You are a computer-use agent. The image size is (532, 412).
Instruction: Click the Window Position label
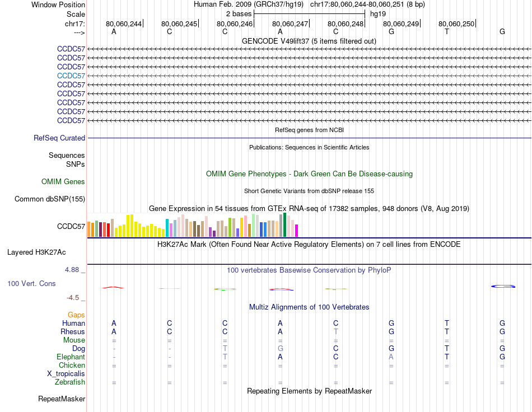tap(58, 4)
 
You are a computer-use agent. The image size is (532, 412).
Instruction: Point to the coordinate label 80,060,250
tap(456, 24)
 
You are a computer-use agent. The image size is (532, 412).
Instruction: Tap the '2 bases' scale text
tap(239, 13)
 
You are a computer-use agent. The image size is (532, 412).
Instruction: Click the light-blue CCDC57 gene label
tap(71, 76)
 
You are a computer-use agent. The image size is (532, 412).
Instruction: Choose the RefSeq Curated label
tap(59, 138)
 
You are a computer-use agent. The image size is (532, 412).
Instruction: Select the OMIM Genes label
tap(63, 181)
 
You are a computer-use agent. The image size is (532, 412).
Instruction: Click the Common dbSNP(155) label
tap(50, 199)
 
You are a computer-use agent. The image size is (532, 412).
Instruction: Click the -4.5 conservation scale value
tap(76, 297)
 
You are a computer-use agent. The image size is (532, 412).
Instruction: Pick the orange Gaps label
tap(76, 315)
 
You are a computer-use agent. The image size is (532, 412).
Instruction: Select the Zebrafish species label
tap(70, 382)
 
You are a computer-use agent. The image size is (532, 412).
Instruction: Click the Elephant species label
tap(71, 357)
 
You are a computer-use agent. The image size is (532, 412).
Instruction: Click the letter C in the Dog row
tap(335, 348)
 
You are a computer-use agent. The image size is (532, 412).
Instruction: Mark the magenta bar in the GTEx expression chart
tap(297, 230)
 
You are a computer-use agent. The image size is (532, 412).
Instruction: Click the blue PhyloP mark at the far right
tap(503, 286)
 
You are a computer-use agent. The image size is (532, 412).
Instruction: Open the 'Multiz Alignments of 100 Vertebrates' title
tap(309, 307)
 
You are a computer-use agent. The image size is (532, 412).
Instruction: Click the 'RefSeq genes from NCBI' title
tap(309, 130)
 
